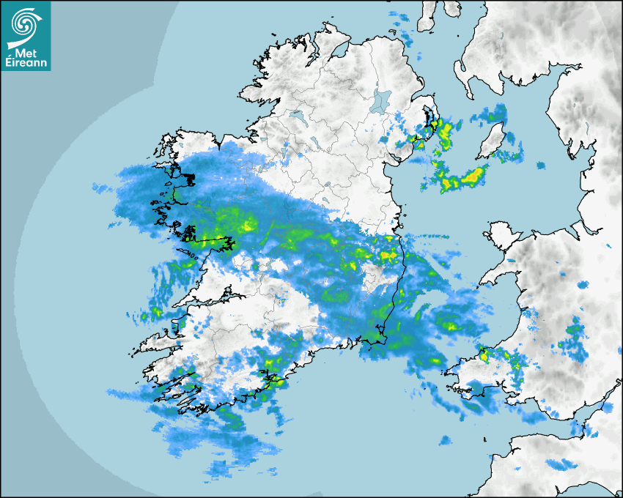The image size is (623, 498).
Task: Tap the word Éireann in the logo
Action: tap(28, 64)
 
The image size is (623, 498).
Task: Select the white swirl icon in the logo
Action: tap(24, 25)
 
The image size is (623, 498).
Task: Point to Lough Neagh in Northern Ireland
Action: tap(381, 100)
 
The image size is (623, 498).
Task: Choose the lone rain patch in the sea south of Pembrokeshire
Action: tap(445, 440)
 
